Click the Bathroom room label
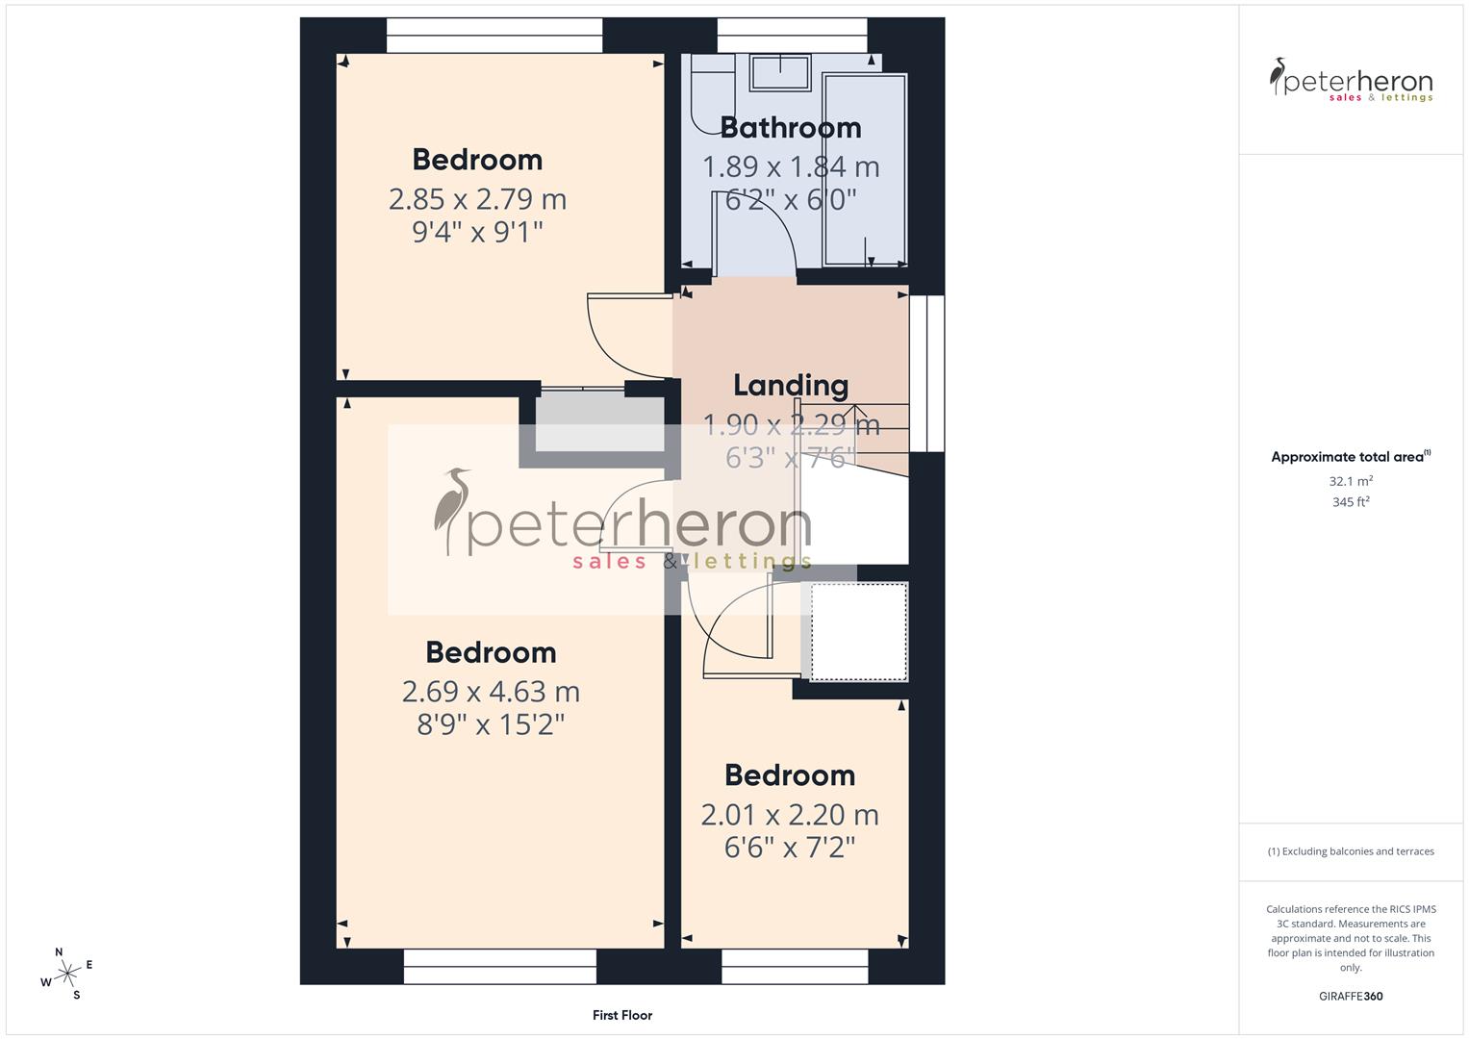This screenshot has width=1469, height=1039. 790,128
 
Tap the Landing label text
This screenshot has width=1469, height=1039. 791,386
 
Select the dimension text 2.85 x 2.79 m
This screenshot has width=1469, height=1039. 477,199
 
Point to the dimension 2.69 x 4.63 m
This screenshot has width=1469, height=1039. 491,692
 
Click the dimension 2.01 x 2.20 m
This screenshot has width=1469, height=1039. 790,815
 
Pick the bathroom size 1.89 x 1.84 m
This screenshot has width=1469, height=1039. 791,167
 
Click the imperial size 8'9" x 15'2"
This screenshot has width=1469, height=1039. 491,724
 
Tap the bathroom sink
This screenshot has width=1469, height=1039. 780,72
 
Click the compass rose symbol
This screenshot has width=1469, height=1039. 67,974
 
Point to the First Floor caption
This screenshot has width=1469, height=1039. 622,1015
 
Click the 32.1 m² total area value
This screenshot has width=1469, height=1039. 1351,481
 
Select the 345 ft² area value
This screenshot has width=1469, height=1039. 1351,502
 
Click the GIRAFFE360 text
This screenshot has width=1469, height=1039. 1351,997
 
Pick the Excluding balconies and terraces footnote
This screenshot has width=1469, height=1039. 1351,851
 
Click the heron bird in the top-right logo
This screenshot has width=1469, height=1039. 1279,76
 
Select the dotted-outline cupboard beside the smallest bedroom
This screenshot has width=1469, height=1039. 859,631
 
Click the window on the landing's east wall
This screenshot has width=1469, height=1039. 927,373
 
